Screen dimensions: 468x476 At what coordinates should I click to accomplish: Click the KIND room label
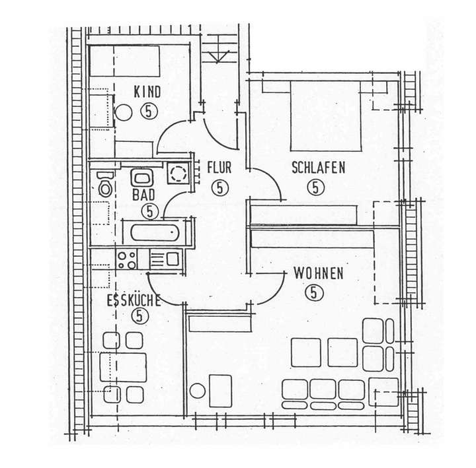coord(147,92)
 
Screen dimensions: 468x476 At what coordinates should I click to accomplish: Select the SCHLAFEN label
coord(318,168)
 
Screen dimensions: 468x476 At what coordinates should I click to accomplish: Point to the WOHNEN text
coord(318,273)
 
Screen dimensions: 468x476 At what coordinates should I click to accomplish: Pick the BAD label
coord(143,196)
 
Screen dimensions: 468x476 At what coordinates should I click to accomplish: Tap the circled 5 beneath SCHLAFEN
coord(316,187)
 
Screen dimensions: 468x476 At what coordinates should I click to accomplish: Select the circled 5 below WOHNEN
coord(313,291)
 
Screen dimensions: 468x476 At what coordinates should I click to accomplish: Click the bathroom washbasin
coord(141,177)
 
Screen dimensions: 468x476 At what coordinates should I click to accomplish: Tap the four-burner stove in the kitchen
coord(126,259)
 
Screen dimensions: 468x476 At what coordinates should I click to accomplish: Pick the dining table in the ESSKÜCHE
coord(123,367)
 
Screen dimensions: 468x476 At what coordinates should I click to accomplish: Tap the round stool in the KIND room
coord(124,113)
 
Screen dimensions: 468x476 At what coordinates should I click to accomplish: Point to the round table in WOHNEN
coord(197,390)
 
